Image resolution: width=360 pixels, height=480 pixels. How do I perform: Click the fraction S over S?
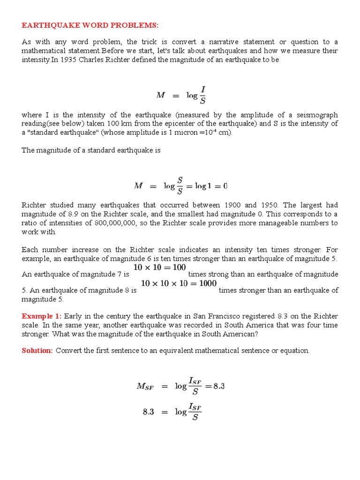pos(180,186)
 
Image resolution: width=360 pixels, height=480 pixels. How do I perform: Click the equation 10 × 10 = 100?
pos(159,267)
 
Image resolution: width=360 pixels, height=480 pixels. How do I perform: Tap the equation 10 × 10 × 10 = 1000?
pos(179,283)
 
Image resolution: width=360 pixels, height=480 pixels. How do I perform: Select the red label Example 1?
pos(42,316)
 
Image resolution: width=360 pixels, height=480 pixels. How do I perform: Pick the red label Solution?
pos(37,351)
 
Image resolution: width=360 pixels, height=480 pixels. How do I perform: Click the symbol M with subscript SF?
pos(145,386)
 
